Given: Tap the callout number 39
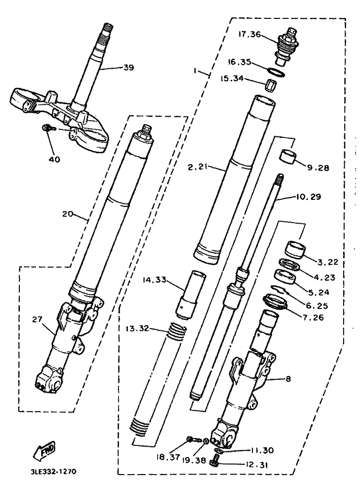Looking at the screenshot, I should click(x=128, y=67).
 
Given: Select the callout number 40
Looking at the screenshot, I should click(x=54, y=160).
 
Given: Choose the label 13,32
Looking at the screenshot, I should click(x=136, y=328).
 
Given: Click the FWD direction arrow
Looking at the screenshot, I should click(x=44, y=451).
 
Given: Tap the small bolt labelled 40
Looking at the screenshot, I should click(x=48, y=128).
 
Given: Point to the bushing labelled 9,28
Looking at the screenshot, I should click(x=289, y=156).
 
